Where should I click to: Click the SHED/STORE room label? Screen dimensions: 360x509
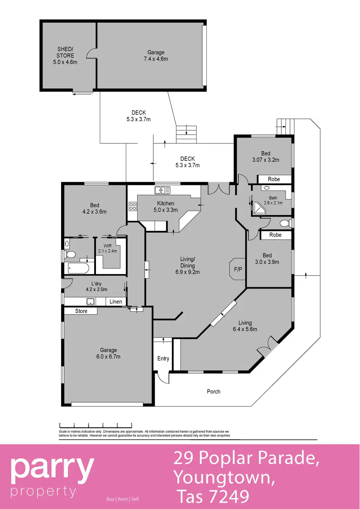click(65, 56)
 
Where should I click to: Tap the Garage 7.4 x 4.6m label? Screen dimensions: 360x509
click(156, 56)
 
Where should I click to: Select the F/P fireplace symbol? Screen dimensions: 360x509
click(238, 269)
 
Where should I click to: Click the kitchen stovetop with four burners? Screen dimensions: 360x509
click(133, 206)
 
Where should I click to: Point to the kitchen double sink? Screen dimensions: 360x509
click(162, 190)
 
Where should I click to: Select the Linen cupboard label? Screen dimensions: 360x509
click(116, 302)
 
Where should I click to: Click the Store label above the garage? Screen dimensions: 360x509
click(81, 311)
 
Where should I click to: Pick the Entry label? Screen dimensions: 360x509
click(163, 359)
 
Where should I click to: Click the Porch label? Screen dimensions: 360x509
click(214, 392)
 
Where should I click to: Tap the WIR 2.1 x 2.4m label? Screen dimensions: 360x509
click(108, 249)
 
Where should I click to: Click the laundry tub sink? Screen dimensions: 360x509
click(90, 301)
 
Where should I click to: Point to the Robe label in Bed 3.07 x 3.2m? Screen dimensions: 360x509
click(274, 179)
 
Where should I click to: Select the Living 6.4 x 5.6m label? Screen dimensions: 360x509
click(245, 326)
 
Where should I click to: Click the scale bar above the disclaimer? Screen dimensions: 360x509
click(96, 426)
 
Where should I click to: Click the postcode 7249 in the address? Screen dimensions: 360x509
click(230, 496)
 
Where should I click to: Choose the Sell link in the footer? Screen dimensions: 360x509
click(135, 499)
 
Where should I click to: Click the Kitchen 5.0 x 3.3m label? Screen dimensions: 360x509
click(166, 207)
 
